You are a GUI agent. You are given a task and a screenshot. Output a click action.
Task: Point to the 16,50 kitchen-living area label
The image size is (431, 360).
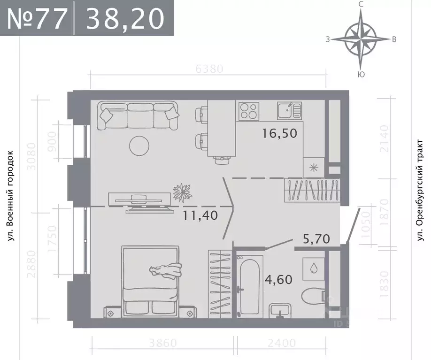(280, 133)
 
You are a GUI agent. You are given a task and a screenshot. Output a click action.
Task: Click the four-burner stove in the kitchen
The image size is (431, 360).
(248, 111)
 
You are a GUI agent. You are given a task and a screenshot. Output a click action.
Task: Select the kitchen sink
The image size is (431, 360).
(288, 111)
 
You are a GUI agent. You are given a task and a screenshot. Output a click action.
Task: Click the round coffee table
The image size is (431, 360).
(139, 146)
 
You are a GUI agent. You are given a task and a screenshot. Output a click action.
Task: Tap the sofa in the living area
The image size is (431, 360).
(139, 116)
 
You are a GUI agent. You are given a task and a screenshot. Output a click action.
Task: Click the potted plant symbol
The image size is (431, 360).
(182, 191)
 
